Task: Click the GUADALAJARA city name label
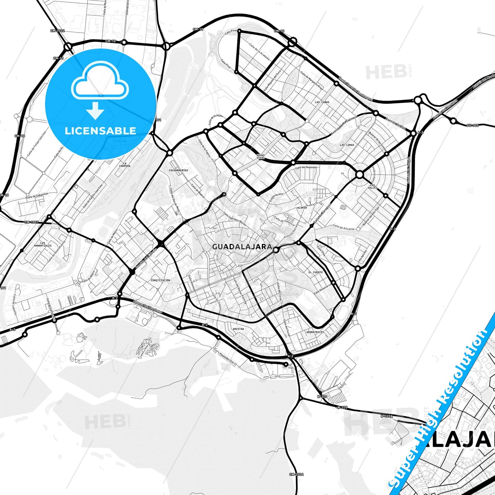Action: click(x=242, y=247)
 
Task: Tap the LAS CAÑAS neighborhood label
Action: click(x=322, y=102)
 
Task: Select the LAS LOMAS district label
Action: click(x=347, y=145)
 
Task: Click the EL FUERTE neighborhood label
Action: click(x=315, y=272)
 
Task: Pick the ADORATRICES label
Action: click(x=315, y=332)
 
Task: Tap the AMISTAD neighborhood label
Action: click(x=238, y=329)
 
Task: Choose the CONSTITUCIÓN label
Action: click(x=160, y=280)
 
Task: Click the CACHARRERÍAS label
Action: click(x=178, y=170)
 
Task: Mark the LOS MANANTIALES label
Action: click(x=43, y=244)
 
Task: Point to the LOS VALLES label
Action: click(x=373, y=186)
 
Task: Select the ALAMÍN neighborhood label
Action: click(x=302, y=208)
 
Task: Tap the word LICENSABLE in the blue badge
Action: click(x=100, y=131)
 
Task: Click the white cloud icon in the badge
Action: click(x=100, y=81)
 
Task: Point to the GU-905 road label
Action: click(x=472, y=125)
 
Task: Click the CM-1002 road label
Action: click(x=57, y=31)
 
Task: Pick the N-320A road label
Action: click(x=387, y=416)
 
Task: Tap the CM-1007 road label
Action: click(x=32, y=222)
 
